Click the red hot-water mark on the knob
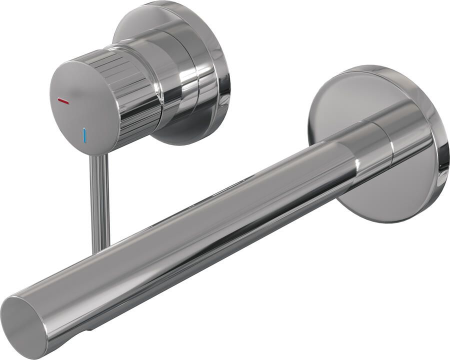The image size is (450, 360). coord(63,101)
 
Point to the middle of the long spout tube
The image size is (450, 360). coord(200,225)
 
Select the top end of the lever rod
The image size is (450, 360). coord(98,157)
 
